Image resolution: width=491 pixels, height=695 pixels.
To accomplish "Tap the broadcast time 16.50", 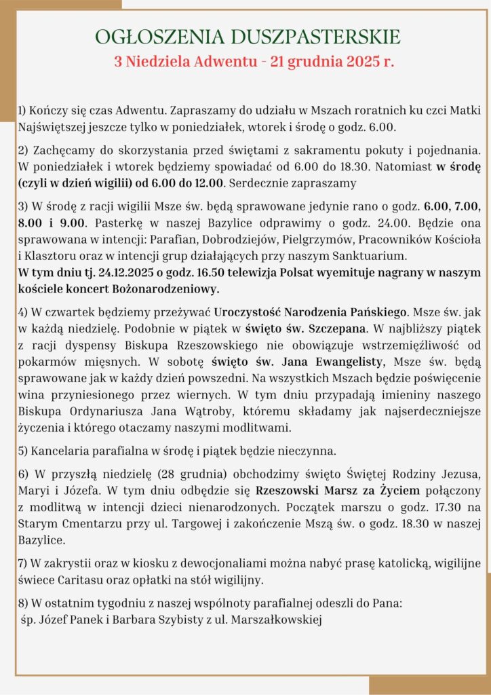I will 199,274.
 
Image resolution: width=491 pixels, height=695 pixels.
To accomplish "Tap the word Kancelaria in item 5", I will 61,451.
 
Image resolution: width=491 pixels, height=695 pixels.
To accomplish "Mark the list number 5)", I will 23,451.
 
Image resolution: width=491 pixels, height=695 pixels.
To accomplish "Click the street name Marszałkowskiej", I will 272,618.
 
